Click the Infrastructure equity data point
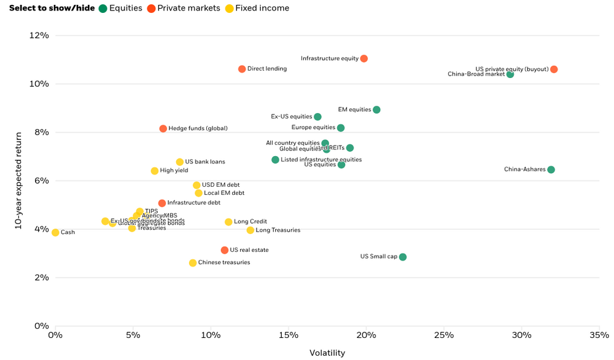pyautogui.click(x=364, y=58)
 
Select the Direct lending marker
pyautogui.click(x=242, y=69)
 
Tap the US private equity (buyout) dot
pyautogui.click(x=554, y=69)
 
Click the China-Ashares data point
pyautogui.click(x=551, y=170)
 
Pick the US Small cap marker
pyautogui.click(x=403, y=257)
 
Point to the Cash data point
pyautogui.click(x=55, y=232)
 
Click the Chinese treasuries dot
pyautogui.click(x=193, y=263)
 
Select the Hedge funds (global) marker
pyautogui.click(x=163, y=128)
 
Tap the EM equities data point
pyautogui.click(x=376, y=110)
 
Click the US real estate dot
pyautogui.click(x=225, y=250)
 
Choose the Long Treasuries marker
pyautogui.click(x=250, y=230)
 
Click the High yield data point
pyautogui.click(x=155, y=171)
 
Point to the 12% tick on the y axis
pyautogui.click(x=39, y=35)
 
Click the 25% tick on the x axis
pyautogui.click(x=444, y=335)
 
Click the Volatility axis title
pyautogui.click(x=327, y=353)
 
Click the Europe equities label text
pyautogui.click(x=313, y=128)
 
